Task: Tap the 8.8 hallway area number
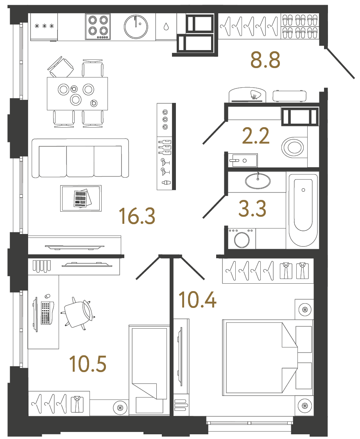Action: [265, 60]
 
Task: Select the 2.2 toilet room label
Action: [256, 136]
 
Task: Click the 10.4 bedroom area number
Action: [197, 299]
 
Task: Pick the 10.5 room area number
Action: [88, 364]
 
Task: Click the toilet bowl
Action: [294, 148]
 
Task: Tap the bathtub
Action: [303, 210]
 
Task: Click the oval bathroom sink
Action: [258, 181]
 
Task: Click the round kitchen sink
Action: [136, 27]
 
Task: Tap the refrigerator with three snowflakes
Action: [44, 27]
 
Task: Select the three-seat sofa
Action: [80, 158]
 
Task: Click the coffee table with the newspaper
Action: [81, 198]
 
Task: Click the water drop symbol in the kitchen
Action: [166, 27]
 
